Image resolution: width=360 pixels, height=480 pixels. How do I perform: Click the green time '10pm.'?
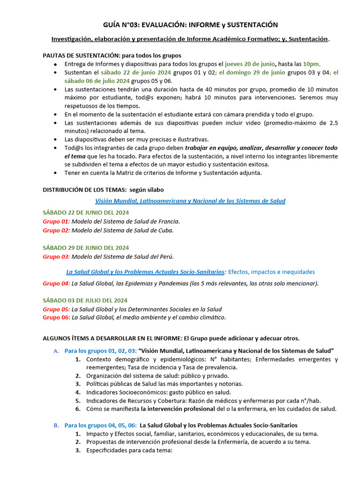(x=312, y=64)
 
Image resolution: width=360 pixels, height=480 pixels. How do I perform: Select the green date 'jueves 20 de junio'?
(x=250, y=64)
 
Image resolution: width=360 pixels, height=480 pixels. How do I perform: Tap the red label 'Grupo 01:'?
(x=56, y=221)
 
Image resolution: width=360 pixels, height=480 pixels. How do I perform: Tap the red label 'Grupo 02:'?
(x=56, y=230)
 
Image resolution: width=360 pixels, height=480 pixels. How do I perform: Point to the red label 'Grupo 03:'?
(x=56, y=256)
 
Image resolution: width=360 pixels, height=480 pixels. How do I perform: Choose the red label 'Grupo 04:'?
(x=56, y=283)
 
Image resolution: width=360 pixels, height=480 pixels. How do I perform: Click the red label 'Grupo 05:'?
(x=56, y=309)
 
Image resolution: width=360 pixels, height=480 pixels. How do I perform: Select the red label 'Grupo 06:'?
(x=56, y=317)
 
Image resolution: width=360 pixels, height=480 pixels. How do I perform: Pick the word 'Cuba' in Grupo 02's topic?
(x=165, y=230)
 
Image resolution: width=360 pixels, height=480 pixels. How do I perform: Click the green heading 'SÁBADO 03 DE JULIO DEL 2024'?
(x=85, y=300)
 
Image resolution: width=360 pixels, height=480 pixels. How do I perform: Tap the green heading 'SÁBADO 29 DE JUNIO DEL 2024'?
(x=85, y=247)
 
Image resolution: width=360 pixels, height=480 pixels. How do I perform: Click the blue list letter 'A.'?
(x=56, y=351)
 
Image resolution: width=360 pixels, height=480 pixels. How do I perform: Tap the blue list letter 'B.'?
(x=56, y=425)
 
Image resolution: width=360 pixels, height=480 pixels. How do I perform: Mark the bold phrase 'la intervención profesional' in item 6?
(x=174, y=409)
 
